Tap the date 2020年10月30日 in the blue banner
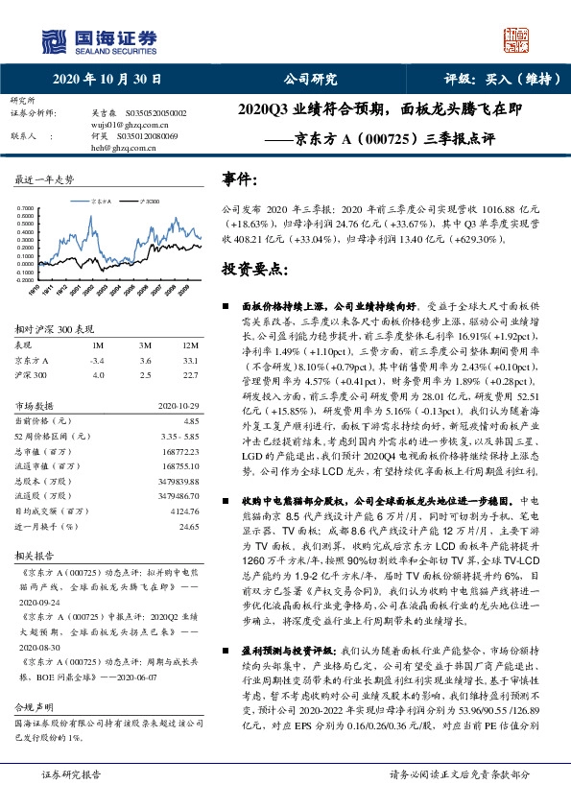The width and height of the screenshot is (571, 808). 107,80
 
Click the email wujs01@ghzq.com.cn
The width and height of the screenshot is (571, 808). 124,125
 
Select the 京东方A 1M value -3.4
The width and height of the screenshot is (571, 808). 96,360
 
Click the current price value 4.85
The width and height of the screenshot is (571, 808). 191,420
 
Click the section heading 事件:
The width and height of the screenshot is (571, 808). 240,178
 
